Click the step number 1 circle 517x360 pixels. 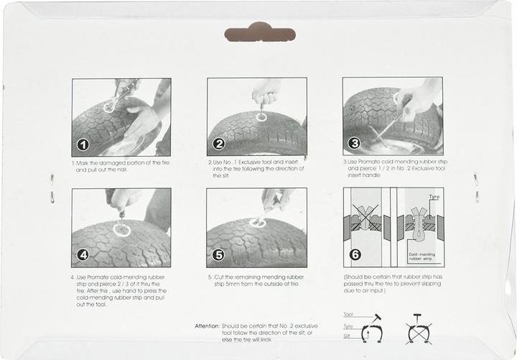pos(83,144)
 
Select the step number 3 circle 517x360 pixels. pos(354,144)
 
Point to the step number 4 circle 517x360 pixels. pos(83,254)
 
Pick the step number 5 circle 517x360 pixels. pos(218,254)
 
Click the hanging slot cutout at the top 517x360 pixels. pos(260,33)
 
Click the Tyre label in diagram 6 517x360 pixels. pos(433,196)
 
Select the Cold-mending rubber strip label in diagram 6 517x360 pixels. pos(424,256)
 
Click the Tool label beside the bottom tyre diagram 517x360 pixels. pos(348,314)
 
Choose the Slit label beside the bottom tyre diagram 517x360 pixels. pos(347,335)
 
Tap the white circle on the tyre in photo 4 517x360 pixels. pos(121,231)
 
